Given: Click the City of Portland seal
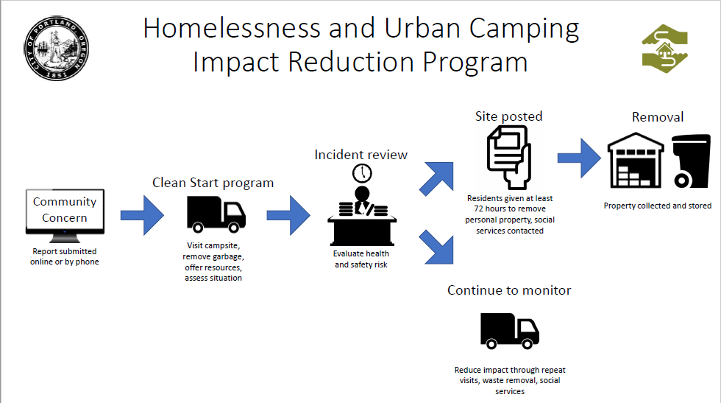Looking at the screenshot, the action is tap(56, 49).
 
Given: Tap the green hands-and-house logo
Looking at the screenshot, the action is tap(665, 49).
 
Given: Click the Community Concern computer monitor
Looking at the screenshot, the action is tap(65, 216).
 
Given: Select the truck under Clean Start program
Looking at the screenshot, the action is tap(216, 214).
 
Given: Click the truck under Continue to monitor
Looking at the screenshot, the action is tap(509, 331).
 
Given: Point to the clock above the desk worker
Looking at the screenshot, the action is tap(362, 174).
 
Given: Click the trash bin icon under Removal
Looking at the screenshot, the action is tap(691, 161).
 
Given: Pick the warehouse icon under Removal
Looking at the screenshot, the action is tap(636, 161).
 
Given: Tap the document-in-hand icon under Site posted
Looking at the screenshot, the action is tap(509, 158).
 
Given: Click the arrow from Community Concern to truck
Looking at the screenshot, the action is tap(142, 215).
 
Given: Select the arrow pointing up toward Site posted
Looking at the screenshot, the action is tap(437, 179).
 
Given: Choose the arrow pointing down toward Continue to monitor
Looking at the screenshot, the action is tap(437, 248).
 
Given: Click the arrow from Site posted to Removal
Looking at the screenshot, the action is tap(579, 158).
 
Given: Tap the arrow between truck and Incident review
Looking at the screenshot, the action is tap(288, 215).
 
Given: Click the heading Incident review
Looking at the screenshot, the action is tap(361, 155).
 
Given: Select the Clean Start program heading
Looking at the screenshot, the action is tap(213, 183).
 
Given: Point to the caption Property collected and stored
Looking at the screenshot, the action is tap(658, 206).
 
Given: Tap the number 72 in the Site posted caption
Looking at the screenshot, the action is tap(479, 208).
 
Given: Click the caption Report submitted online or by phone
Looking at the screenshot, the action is tap(65, 256).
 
